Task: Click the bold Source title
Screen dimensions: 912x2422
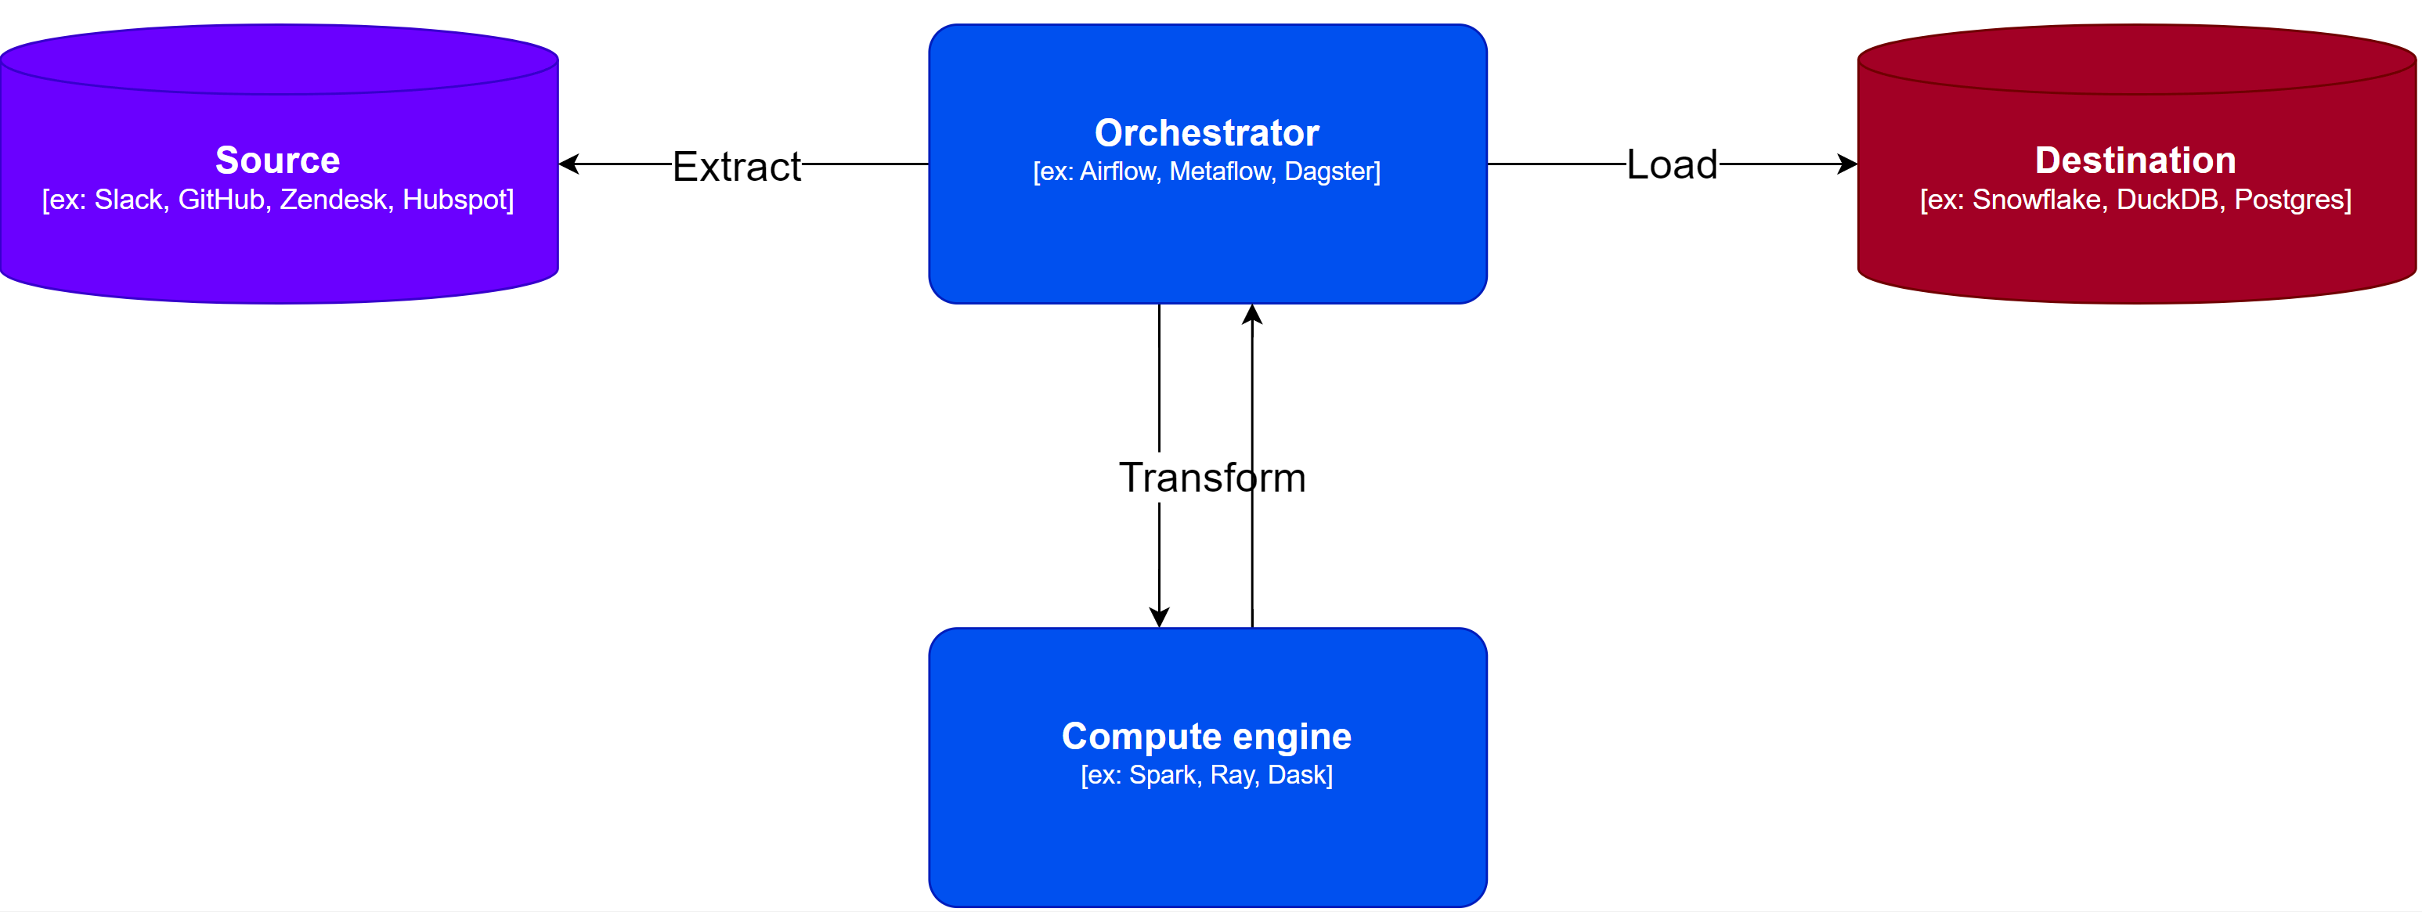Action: click(277, 160)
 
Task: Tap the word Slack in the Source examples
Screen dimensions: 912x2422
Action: click(128, 200)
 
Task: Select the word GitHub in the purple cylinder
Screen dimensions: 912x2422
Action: click(221, 200)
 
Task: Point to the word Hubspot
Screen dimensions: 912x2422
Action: click(455, 200)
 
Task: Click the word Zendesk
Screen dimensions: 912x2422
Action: click(333, 200)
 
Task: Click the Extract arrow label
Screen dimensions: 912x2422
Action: click(736, 167)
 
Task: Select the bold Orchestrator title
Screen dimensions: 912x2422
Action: click(1206, 132)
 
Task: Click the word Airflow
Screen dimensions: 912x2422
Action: click(1118, 171)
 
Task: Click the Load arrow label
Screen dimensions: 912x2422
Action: click(1672, 164)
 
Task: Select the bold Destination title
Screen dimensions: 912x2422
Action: click(2135, 160)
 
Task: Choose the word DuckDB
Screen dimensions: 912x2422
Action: click(2168, 200)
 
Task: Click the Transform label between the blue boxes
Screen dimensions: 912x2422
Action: click(1212, 478)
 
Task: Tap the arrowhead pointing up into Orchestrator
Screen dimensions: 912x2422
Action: click(1251, 315)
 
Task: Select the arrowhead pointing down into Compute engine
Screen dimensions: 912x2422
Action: click(1159, 617)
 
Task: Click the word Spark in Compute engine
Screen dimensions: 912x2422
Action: click(1161, 775)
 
